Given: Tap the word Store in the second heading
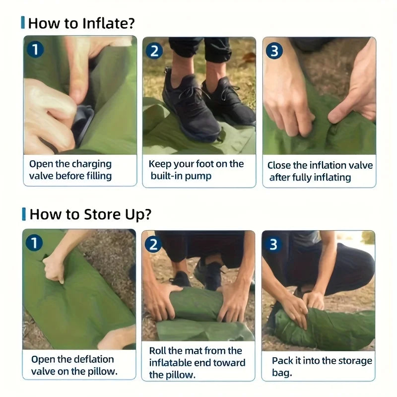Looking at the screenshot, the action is pyautogui.click(x=102, y=214).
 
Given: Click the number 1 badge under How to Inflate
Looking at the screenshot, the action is pyautogui.click(x=35, y=49).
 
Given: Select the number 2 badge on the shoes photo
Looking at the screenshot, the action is pyautogui.click(x=154, y=51).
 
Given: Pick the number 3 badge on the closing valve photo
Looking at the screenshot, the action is pyautogui.click(x=274, y=51).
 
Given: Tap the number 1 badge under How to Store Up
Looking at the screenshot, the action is pyautogui.click(x=34, y=242).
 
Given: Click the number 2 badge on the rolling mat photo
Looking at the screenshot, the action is pyautogui.click(x=153, y=244).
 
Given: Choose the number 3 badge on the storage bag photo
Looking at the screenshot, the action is pyautogui.click(x=273, y=244).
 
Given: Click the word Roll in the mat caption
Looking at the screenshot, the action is pyautogui.click(x=157, y=351).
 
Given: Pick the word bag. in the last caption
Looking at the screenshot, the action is pyautogui.click(x=282, y=373).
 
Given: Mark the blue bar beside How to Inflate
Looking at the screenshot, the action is pyautogui.click(x=23, y=22).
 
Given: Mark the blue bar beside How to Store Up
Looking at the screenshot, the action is pyautogui.click(x=24, y=214).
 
